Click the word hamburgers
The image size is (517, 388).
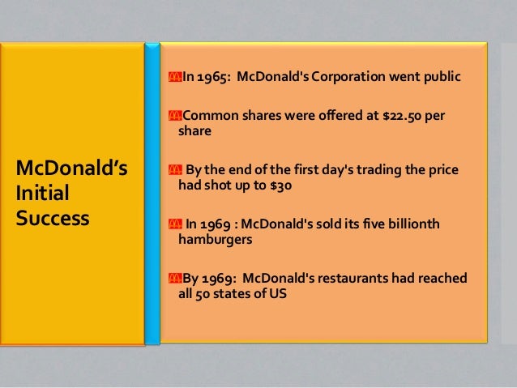click(x=213, y=240)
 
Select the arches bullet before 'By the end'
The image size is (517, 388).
click(x=173, y=168)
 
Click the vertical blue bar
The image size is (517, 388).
click(x=153, y=194)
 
